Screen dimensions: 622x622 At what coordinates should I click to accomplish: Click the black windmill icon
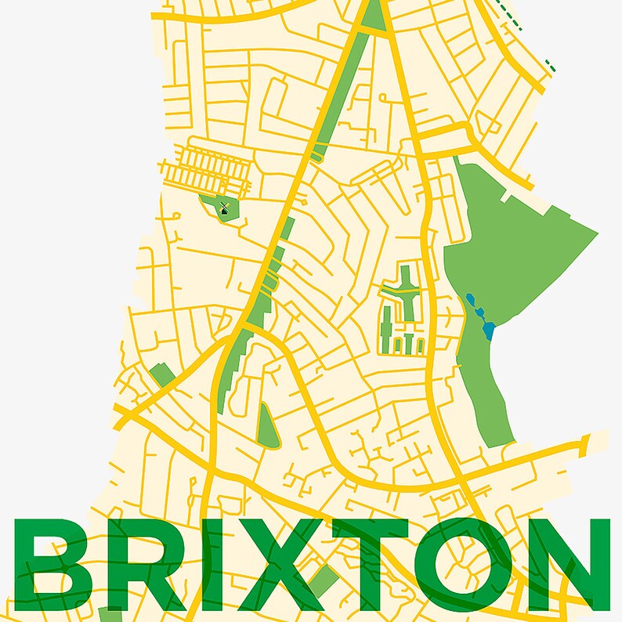(x=224, y=208)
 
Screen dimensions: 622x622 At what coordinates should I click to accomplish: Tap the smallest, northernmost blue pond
(x=469, y=298)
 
